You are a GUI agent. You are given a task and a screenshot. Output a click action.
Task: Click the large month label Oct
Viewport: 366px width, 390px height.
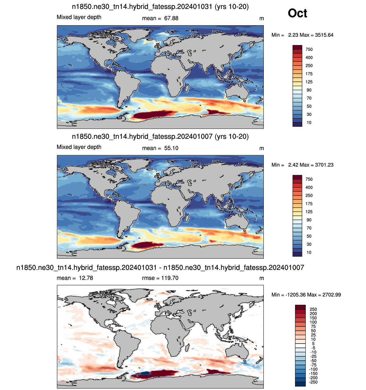coord(297,13)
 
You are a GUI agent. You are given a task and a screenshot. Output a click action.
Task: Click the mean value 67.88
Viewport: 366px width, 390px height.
coord(171,18)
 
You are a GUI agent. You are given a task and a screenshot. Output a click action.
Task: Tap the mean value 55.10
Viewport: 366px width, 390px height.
coord(171,148)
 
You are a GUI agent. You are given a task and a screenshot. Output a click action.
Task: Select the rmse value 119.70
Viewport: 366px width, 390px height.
coord(170,278)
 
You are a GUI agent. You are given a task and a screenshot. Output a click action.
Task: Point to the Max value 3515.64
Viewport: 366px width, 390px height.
coord(324,35)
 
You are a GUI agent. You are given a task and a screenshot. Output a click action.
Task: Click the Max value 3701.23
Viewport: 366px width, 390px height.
coord(324,165)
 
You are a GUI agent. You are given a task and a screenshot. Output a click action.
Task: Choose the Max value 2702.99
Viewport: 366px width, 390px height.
coord(332,295)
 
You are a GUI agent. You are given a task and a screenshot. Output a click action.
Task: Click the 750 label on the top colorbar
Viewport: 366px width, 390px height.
coord(309,49)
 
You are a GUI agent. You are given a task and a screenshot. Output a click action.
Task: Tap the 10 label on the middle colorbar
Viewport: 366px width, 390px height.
coord(309,252)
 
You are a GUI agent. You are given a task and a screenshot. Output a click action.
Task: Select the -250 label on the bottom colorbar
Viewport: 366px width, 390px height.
coord(313,382)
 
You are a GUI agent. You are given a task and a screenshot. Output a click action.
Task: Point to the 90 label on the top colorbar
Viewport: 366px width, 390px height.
coord(309,90)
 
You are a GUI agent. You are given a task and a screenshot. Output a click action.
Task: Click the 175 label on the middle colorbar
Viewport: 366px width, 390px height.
coord(309,204)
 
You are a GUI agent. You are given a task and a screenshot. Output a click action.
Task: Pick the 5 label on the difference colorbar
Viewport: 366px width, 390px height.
coord(313,343)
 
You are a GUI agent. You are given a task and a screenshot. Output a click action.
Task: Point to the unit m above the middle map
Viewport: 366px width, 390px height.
coord(261,149)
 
